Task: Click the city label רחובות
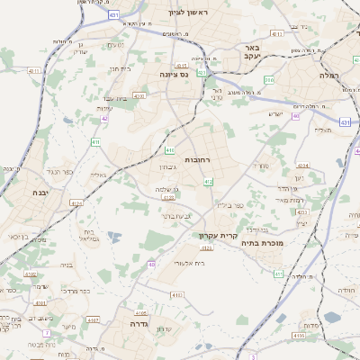tap(197, 159)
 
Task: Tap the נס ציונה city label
tap(173, 74)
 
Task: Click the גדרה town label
tap(139, 322)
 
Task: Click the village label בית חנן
tap(121, 68)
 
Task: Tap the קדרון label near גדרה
tap(164, 328)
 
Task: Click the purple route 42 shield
tap(104, 118)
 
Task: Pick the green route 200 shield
tap(269, 81)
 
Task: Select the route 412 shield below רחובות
tap(208, 182)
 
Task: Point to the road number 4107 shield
tap(92, 319)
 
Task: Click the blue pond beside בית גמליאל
tap(113, 238)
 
